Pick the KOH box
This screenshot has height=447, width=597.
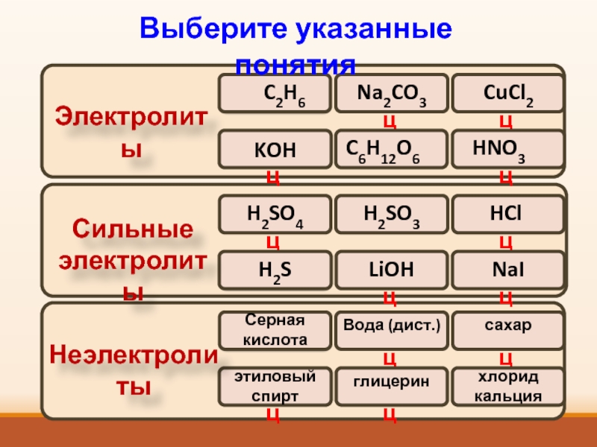coord(273,150)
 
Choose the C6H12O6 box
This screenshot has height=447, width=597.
coord(391,149)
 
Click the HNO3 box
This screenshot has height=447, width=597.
coord(507,149)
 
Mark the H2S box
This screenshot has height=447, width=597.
coord(273,270)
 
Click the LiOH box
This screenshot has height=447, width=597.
coord(391,270)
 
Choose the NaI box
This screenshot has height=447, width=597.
coord(507,270)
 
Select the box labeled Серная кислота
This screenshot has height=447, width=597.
coord(275,331)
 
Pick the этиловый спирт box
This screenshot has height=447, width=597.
coord(275,386)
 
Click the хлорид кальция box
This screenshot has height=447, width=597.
coord(507,386)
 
